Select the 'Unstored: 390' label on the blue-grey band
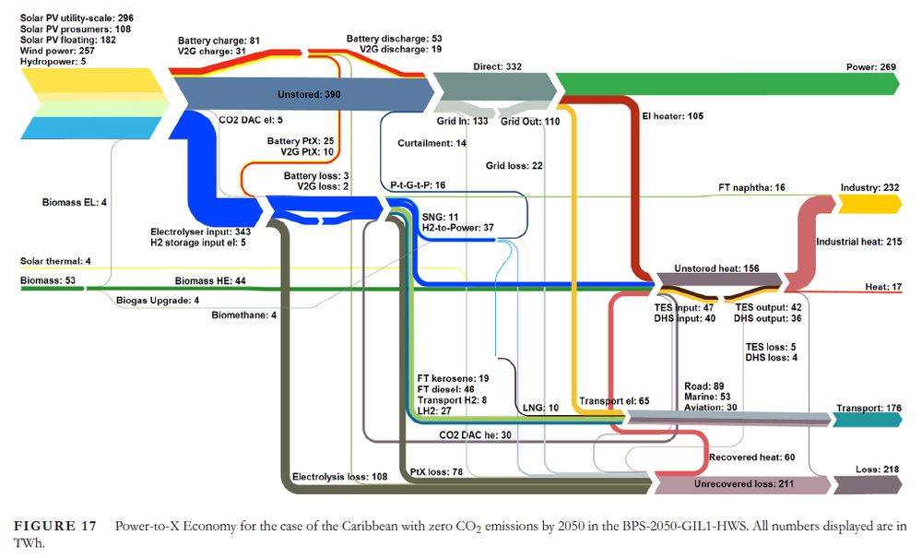point(309,95)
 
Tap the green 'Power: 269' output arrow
point(728,84)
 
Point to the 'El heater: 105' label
point(673,116)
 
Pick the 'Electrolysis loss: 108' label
point(339,477)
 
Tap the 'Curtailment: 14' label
point(432,144)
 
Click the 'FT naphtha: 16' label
point(751,187)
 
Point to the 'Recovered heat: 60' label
point(751,457)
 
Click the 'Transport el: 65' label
point(614,402)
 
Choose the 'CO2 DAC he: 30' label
point(475,434)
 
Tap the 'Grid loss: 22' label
point(514,166)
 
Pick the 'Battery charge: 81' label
point(220,41)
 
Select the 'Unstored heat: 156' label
point(716,268)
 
